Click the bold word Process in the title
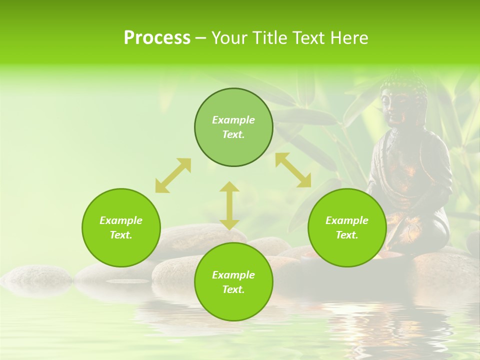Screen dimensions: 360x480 157,38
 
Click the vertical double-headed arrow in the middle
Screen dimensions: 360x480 229,205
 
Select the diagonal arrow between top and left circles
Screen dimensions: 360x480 173,175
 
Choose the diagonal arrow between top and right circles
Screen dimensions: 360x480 293,170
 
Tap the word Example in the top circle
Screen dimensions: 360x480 233,120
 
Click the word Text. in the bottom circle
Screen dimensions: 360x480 233,289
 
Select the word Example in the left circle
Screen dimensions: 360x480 121,220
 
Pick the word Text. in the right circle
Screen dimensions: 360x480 347,235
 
